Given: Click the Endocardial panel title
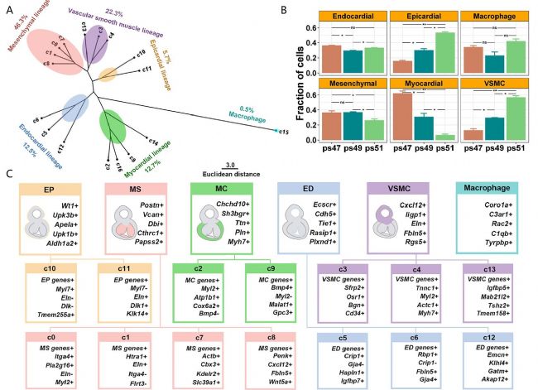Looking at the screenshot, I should (x=351, y=15).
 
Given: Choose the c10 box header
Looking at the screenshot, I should (x=50, y=267).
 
